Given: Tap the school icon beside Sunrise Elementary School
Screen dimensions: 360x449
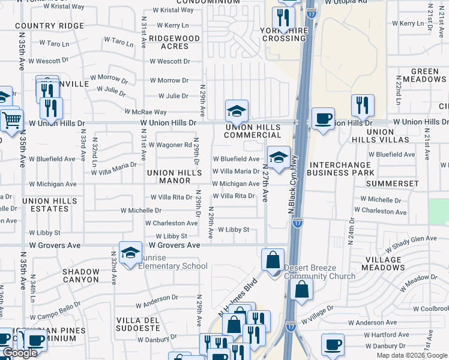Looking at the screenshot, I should (x=130, y=253).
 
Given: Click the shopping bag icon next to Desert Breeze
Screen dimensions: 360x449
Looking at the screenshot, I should (x=273, y=261).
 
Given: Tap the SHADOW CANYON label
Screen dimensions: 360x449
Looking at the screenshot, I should (x=81, y=275).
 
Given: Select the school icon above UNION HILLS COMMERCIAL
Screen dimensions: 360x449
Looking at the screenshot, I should (x=237, y=111).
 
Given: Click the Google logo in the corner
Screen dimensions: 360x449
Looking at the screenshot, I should (x=20, y=353).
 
